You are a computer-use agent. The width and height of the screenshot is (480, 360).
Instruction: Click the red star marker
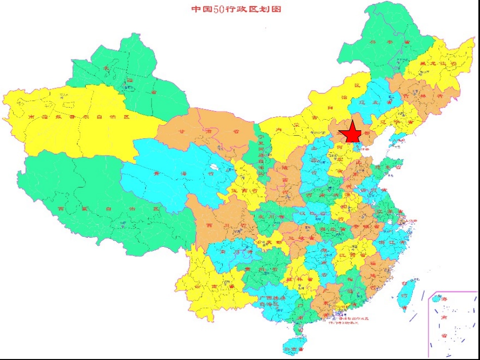click(x=350, y=134)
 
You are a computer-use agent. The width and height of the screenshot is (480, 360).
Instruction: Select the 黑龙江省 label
click(x=431, y=64)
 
